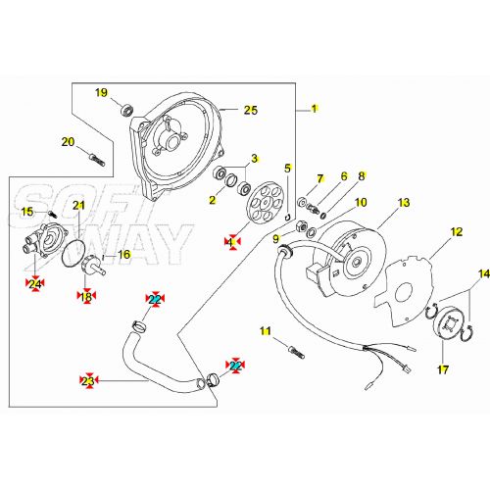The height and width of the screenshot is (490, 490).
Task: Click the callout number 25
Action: [x=250, y=111]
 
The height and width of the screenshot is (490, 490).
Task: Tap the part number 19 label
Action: [x=101, y=93]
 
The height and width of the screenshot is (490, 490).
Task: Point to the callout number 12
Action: [x=456, y=232]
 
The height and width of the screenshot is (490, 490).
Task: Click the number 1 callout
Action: [x=316, y=108]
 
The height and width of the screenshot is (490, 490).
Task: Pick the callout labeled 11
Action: [x=266, y=332]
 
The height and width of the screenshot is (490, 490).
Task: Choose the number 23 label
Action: [x=88, y=380]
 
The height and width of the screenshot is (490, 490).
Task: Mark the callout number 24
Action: [x=34, y=284]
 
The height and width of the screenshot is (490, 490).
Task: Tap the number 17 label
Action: [x=442, y=369]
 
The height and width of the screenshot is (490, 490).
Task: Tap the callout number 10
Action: [x=361, y=203]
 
